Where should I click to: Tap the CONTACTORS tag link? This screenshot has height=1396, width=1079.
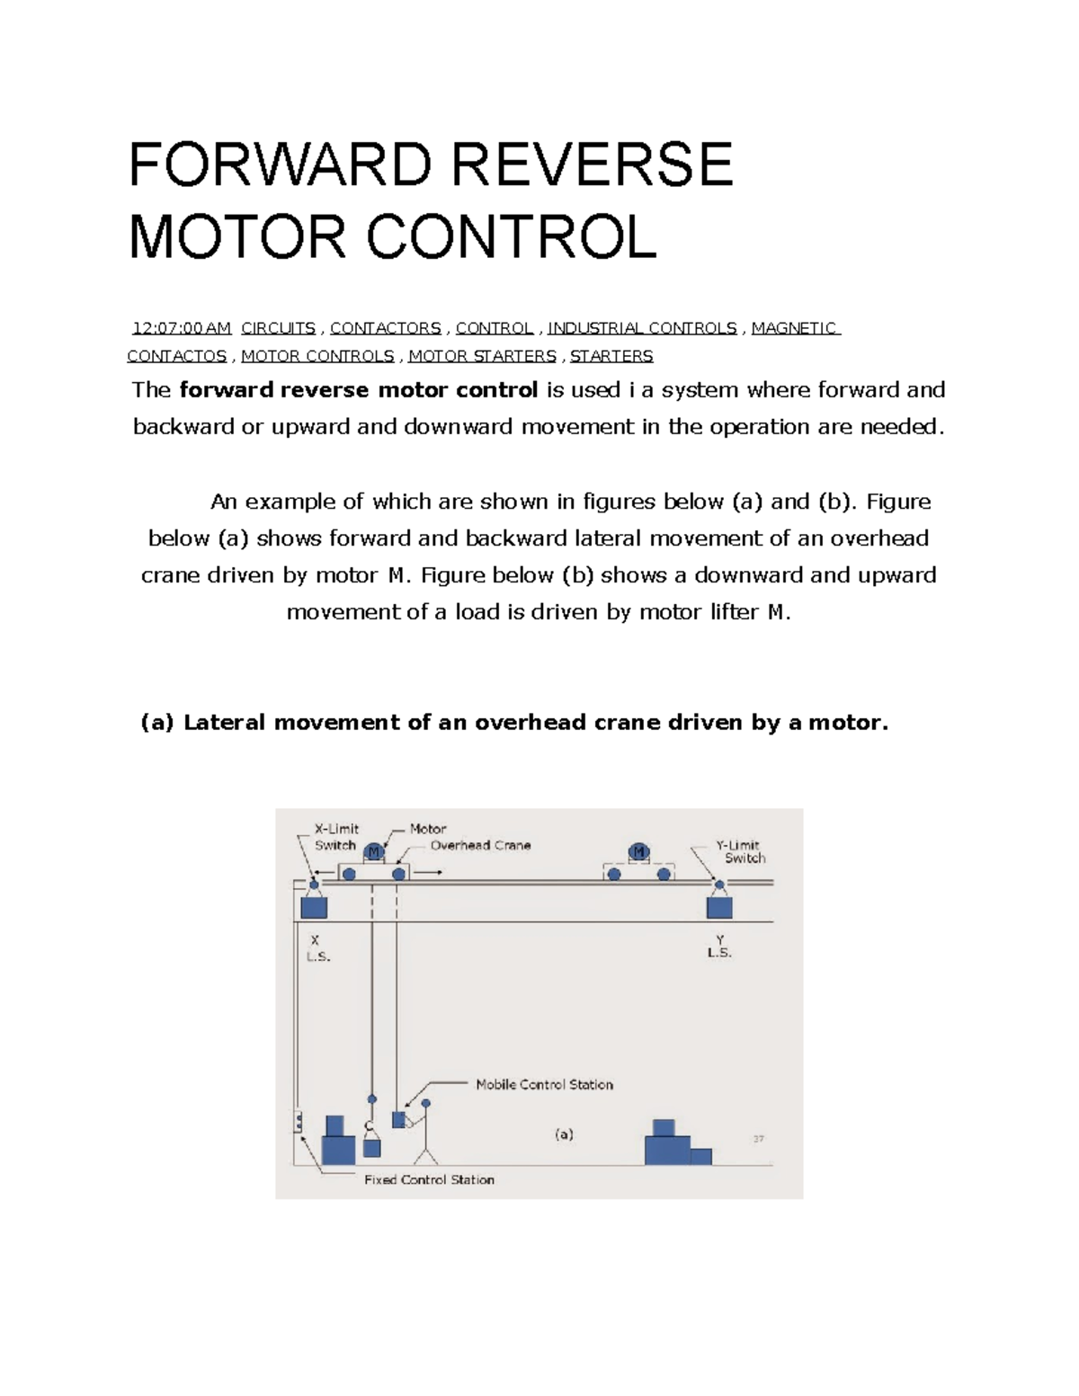point(386,328)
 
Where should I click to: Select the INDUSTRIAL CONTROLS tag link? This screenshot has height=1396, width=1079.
point(642,328)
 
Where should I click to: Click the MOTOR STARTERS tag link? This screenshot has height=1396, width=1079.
point(482,356)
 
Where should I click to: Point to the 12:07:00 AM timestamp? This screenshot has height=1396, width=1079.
point(182,328)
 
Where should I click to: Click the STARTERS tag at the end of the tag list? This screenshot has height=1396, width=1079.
point(611,356)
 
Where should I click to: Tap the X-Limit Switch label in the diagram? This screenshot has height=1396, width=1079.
point(335,837)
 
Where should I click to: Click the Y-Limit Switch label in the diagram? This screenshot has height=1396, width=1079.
point(740,851)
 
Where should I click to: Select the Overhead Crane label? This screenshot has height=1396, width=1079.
point(480,845)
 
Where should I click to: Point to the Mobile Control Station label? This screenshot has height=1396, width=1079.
point(544,1085)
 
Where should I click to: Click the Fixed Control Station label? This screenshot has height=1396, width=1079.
point(429,1179)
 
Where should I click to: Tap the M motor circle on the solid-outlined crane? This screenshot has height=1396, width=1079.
point(374,852)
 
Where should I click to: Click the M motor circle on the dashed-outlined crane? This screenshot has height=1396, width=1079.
point(638,852)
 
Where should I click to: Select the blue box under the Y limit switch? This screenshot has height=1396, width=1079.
point(719,907)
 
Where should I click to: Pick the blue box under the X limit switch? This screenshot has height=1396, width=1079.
point(314,907)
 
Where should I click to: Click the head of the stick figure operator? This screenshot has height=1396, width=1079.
point(426,1103)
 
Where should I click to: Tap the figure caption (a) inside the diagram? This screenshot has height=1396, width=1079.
point(564,1134)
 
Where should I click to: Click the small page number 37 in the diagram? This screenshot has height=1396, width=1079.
point(758,1139)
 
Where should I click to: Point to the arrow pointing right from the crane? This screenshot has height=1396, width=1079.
point(428,873)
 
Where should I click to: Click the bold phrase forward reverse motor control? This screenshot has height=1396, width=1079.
point(359,390)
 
